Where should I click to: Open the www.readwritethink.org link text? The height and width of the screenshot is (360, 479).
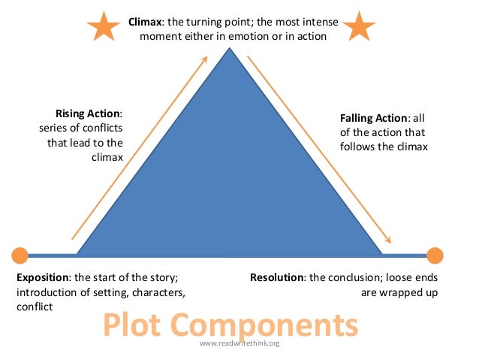[x=239, y=343]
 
